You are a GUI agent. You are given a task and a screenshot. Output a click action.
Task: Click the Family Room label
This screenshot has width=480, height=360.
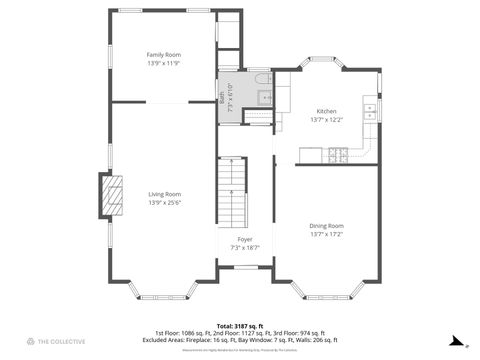click(x=164, y=54)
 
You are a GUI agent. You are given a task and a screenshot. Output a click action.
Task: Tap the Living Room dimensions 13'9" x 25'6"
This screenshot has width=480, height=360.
click(x=164, y=203)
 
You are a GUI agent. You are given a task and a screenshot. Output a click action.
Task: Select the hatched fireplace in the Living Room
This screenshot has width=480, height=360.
click(x=110, y=194)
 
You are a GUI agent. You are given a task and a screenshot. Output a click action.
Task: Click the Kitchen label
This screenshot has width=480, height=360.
click(x=327, y=111)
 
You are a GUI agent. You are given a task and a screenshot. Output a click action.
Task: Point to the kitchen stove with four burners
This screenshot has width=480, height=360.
click(x=337, y=154)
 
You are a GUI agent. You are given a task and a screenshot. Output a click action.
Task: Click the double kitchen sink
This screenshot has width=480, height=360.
click(x=370, y=110)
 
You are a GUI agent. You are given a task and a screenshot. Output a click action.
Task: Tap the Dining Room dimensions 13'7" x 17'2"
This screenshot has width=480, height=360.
click(x=327, y=235)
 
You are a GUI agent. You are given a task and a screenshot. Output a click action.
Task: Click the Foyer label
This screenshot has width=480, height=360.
click(x=245, y=239)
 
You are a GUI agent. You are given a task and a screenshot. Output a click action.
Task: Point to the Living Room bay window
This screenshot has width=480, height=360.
click(x=163, y=294)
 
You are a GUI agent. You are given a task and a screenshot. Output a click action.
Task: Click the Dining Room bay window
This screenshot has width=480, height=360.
click(x=327, y=294)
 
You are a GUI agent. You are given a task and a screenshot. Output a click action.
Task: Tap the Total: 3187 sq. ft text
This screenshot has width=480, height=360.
click(x=240, y=325)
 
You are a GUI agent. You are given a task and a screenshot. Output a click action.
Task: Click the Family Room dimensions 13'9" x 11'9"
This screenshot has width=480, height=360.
click(x=164, y=63)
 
